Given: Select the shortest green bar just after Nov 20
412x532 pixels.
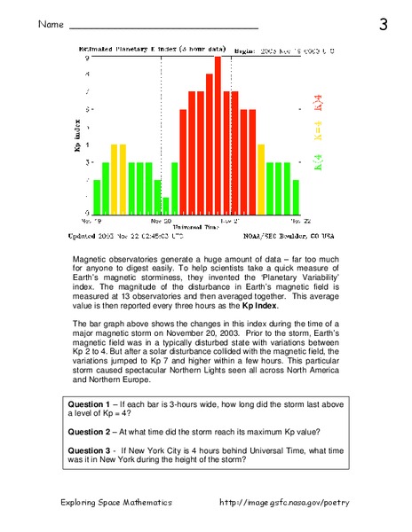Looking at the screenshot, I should click(165, 205).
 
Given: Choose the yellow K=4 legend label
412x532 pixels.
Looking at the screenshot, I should click(317, 131).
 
